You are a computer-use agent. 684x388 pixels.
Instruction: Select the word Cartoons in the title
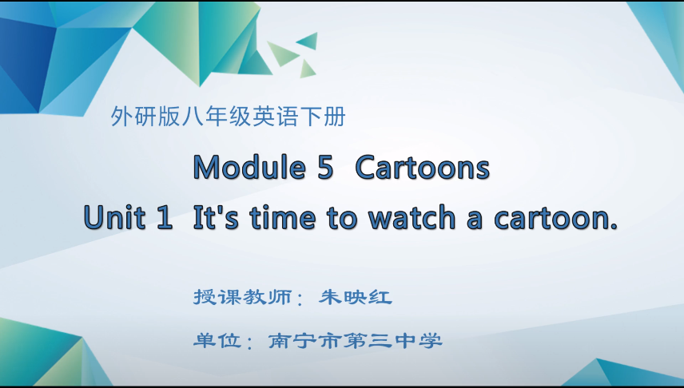coord(422,168)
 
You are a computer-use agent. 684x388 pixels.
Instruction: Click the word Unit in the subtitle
coord(115,218)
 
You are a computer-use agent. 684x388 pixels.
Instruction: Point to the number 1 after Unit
coord(165,218)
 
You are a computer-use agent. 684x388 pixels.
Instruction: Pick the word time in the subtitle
coord(280,218)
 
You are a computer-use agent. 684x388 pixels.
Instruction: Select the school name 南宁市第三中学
coord(355,341)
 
